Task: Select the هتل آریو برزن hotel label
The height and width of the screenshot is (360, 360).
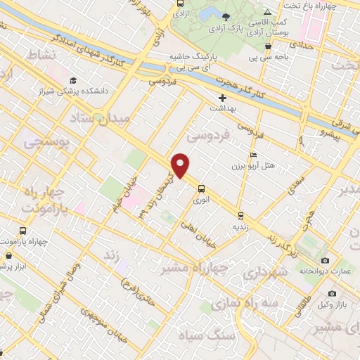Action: [252, 166]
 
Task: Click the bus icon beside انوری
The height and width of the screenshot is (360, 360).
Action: [202, 188]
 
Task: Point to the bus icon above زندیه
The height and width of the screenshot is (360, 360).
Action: [240, 216]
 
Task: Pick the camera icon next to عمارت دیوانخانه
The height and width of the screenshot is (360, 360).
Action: [325, 261]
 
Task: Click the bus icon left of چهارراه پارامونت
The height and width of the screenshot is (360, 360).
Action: [23, 231]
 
